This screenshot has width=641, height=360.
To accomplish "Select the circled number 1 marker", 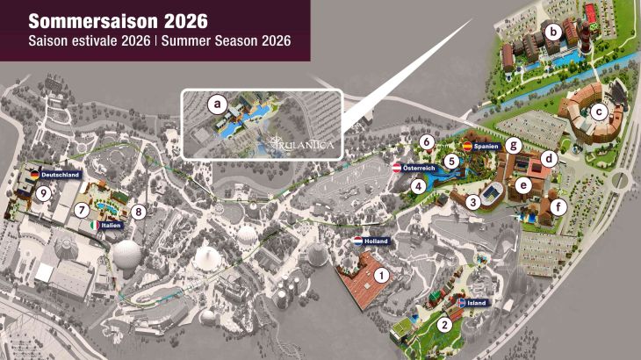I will pyautogui.click(x=381, y=274).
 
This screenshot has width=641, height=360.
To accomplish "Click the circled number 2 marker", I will pyautogui.click(x=445, y=324).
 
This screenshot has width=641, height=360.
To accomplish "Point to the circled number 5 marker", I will pyautogui.click(x=450, y=161).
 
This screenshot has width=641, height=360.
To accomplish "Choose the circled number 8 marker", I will pyautogui.click(x=138, y=211).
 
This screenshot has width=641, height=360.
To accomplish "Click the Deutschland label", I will pyautogui.click(x=61, y=176).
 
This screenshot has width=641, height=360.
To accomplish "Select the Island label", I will pyautogui.click(x=477, y=303).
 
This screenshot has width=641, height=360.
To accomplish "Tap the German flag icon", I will pyautogui.click(x=34, y=176).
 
